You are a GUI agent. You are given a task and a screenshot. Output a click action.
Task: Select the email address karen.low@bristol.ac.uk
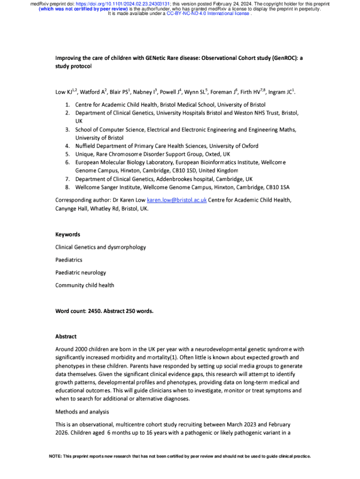tap(177, 200)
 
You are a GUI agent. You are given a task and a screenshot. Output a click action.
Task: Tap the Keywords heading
tap(68, 234)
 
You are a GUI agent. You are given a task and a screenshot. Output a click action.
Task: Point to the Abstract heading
tap(66, 336)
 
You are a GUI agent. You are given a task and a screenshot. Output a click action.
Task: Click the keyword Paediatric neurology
tap(80, 272)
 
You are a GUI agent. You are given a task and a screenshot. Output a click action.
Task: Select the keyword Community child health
tap(85, 285)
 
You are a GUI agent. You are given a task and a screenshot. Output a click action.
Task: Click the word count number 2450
tap(95, 311)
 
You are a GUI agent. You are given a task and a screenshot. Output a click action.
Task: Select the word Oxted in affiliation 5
tap(213, 154)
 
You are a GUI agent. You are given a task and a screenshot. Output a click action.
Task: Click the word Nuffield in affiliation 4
tap(87, 145)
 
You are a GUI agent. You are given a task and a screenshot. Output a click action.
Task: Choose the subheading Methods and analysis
tap(82, 412)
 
